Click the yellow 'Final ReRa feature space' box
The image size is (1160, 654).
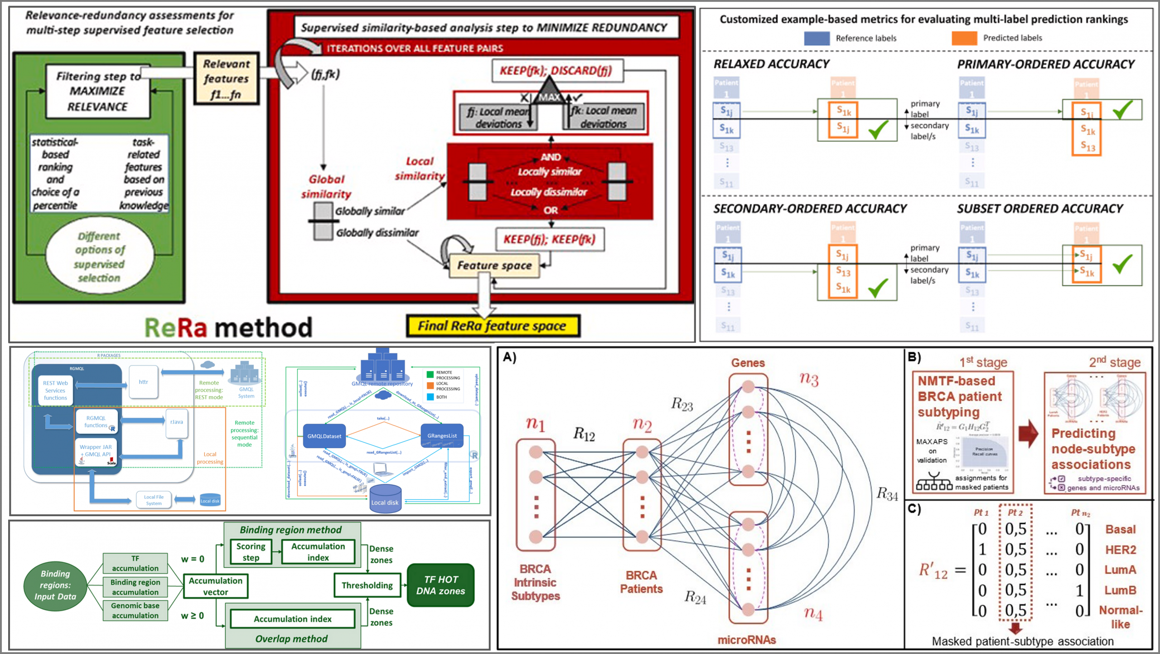pos(493,326)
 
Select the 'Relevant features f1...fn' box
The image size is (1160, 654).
pos(226,79)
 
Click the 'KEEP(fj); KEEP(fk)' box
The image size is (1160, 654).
pos(550,239)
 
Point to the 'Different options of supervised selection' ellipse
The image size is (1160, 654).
pos(99,257)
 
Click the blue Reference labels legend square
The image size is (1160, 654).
pos(817,38)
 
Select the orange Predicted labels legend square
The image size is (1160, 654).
pos(964,38)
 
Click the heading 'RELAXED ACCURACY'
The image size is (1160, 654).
pos(771,64)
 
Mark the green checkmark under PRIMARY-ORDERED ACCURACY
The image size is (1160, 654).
pos(1122,110)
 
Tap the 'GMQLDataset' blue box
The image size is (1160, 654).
pos(324,436)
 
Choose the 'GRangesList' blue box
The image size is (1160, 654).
pos(442,436)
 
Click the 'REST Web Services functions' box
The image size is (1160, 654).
pos(55,390)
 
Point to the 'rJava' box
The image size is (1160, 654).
pos(177,422)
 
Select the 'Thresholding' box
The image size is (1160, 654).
pos(367,586)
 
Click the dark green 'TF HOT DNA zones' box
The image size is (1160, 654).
pos(440,586)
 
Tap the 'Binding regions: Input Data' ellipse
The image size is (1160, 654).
pos(55,586)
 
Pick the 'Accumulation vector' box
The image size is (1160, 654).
pos(215,586)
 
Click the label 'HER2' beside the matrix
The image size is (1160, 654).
pos(1121,550)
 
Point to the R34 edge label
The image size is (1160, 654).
pos(887,493)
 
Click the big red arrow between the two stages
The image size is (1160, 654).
pos(1028,434)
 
